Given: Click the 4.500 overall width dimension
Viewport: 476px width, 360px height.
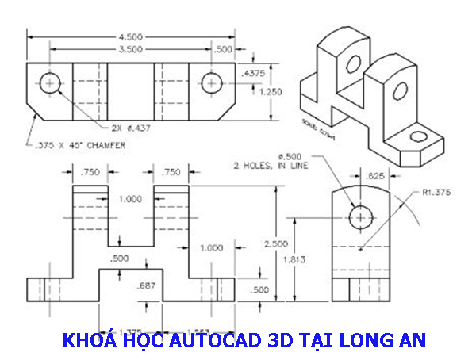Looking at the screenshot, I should [132, 36].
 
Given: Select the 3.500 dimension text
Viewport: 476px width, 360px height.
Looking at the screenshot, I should [132, 49].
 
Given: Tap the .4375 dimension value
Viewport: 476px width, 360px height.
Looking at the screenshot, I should [254, 73].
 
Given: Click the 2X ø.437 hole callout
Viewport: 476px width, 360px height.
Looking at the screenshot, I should [131, 127].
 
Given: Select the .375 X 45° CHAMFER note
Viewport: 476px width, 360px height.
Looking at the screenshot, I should [70, 145].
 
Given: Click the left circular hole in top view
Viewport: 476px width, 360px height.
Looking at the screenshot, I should [52, 82].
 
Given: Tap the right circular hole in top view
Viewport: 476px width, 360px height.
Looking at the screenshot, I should [211, 82].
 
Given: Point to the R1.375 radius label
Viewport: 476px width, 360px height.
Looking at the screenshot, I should [436, 193].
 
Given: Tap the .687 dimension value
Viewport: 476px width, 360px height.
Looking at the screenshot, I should [144, 285].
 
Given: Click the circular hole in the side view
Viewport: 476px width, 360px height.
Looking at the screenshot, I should [362, 216].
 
